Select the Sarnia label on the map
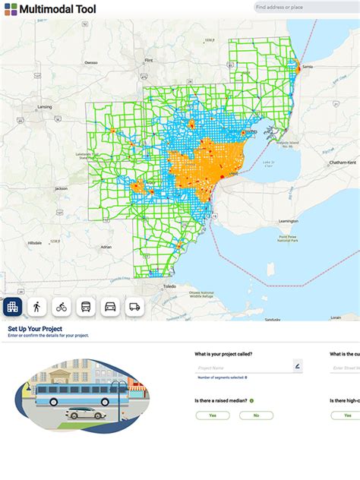(308, 67)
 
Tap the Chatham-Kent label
(343, 163)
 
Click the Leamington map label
(289, 221)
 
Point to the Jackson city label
(61, 188)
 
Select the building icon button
(12, 307)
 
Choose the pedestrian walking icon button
(36, 307)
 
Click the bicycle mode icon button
(62, 307)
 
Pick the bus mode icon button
(86, 307)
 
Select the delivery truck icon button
(134, 307)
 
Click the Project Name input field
(243, 368)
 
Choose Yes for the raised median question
(213, 415)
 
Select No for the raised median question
(256, 415)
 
